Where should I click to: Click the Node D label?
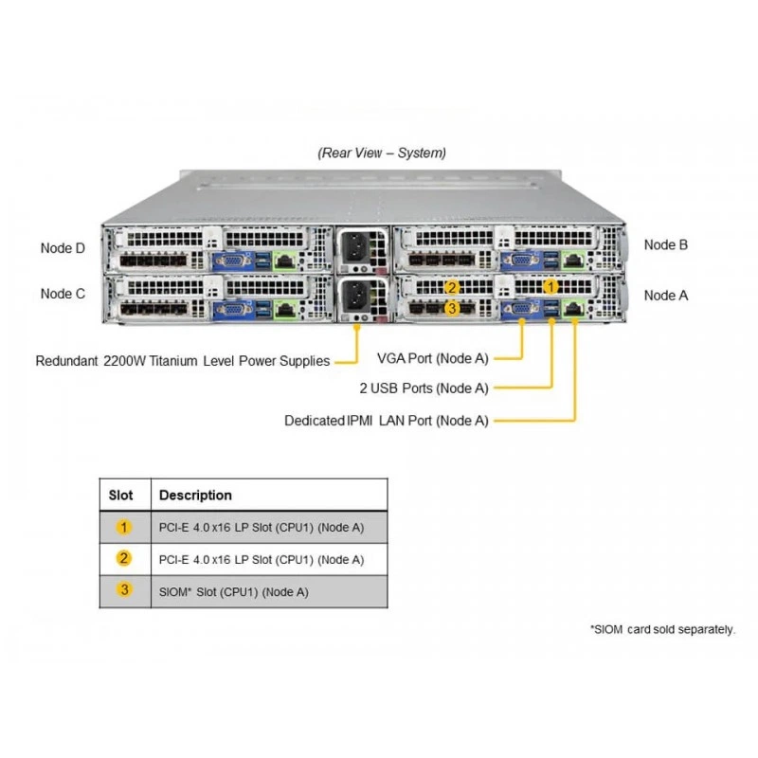(x=63, y=248)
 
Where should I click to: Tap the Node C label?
(x=63, y=294)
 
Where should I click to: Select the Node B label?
(x=666, y=244)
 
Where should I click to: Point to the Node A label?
(x=666, y=296)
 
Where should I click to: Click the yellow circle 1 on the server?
(x=550, y=287)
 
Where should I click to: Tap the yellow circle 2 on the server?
(x=452, y=288)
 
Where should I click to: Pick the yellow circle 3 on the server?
(x=452, y=308)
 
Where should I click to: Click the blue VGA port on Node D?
(x=233, y=262)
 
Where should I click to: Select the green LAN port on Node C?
(x=285, y=309)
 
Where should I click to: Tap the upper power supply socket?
(x=357, y=247)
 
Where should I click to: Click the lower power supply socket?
(x=357, y=295)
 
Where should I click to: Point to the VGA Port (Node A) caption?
(x=433, y=359)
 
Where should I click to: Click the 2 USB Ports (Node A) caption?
(x=424, y=388)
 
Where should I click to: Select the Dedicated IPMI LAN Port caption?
(x=387, y=421)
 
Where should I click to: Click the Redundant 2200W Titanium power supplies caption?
(x=183, y=361)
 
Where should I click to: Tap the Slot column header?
(x=121, y=495)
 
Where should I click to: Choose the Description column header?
(x=195, y=495)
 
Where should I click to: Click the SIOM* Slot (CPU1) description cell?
(x=233, y=591)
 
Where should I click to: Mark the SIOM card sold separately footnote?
(x=662, y=629)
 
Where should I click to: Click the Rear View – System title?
(x=382, y=153)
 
